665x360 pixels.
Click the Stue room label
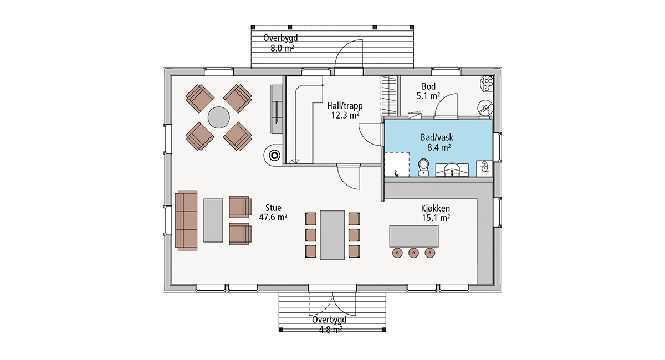[273, 208]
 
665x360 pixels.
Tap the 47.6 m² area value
[273, 218]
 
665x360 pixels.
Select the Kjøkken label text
[436, 208]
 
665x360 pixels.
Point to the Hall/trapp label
[345, 106]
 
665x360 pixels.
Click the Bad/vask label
[437, 137]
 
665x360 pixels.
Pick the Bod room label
[429, 86]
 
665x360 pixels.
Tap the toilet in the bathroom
[423, 167]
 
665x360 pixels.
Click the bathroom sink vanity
[452, 170]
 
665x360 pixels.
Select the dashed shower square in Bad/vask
[397, 164]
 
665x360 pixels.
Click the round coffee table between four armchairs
[218, 117]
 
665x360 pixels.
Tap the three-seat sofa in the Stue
[186, 220]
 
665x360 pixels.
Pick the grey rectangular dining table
[332, 235]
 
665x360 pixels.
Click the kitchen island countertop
[414, 236]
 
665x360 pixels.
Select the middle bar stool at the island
[413, 253]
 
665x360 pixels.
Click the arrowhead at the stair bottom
[295, 162]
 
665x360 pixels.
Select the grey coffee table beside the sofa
[213, 220]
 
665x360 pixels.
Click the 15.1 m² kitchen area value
[436, 218]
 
